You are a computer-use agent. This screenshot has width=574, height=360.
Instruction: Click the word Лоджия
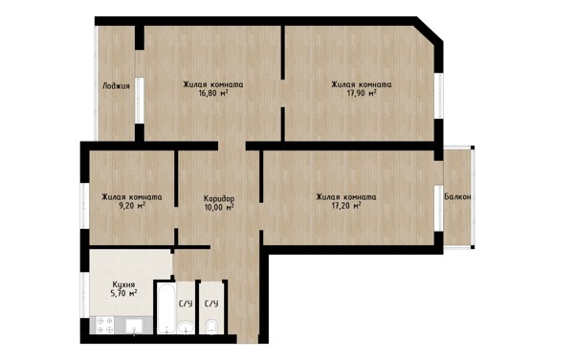(116, 86)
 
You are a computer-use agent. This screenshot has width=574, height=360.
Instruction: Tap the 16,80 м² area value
(213, 93)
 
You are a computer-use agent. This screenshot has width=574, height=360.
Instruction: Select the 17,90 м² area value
(362, 93)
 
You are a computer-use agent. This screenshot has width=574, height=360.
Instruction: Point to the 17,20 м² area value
(346, 206)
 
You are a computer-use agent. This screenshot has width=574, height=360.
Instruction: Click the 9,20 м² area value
(132, 206)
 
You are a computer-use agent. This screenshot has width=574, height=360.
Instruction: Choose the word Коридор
(219, 199)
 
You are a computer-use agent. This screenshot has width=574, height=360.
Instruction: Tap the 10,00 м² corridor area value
(219, 208)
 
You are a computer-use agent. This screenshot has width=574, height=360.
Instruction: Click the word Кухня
(123, 284)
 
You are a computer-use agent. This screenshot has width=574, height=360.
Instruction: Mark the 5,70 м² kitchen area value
(123, 293)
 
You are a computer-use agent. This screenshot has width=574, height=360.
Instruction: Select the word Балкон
(457, 197)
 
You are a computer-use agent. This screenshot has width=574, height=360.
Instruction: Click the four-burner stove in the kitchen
(105, 326)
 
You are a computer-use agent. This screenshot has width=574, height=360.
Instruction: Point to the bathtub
(166, 308)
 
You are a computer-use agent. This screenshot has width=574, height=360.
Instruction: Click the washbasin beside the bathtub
(187, 327)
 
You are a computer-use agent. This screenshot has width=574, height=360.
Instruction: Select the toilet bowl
(211, 326)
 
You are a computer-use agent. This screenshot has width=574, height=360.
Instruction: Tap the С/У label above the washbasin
(186, 304)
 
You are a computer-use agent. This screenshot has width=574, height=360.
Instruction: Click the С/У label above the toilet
(211, 304)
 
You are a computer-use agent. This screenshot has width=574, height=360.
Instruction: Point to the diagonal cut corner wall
(430, 30)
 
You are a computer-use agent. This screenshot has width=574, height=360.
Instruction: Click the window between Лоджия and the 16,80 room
(139, 100)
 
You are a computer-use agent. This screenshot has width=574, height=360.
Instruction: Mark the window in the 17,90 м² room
(439, 96)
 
